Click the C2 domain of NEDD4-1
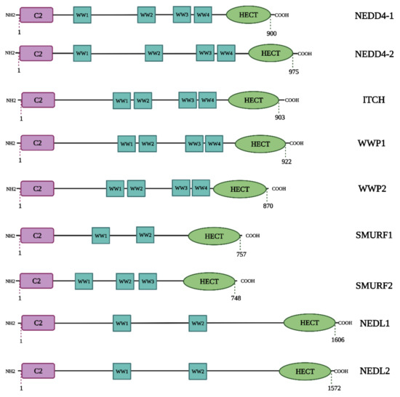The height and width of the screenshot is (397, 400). click(x=36, y=15)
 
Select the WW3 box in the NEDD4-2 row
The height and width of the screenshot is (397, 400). click(x=205, y=53)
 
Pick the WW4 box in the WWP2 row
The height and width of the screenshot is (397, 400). click(x=201, y=188)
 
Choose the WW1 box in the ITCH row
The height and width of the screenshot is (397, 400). click(x=121, y=101)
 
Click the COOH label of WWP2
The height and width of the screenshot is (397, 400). click(x=279, y=189)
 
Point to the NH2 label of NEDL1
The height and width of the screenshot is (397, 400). click(x=10, y=323)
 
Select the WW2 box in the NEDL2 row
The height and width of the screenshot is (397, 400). click(x=197, y=372)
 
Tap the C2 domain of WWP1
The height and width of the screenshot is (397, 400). click(x=37, y=144)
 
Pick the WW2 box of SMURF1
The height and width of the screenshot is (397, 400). click(x=145, y=235)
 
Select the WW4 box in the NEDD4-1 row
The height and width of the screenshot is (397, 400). click(x=203, y=15)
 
